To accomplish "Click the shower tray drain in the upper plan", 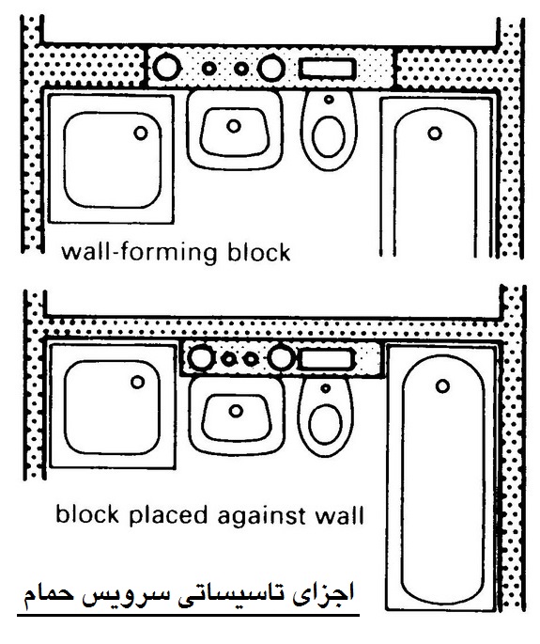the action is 141,134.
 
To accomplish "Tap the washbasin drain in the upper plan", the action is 234,126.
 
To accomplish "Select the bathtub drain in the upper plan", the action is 435,134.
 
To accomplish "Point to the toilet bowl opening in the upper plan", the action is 328,136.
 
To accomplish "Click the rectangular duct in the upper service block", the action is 327,69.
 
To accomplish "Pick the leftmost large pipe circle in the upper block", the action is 166,68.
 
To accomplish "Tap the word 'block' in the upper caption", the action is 259,252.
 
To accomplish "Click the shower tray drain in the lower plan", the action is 138,382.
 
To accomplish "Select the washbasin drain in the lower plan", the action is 236,410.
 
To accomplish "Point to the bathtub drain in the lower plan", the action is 442,386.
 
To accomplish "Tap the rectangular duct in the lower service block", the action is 326,358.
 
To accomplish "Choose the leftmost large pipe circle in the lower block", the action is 201,358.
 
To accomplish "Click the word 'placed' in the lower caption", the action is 168,515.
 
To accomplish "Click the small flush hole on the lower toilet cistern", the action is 325,387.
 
